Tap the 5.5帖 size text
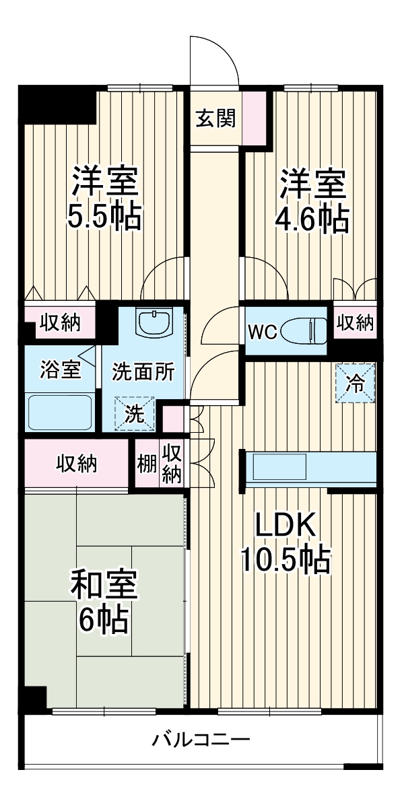[104, 217]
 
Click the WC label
[262, 332]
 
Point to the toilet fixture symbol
[303, 331]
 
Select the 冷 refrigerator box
[354, 383]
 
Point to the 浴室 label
[61, 370]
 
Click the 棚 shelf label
[147, 464]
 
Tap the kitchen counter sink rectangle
[277, 466]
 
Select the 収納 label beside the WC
[355, 323]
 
